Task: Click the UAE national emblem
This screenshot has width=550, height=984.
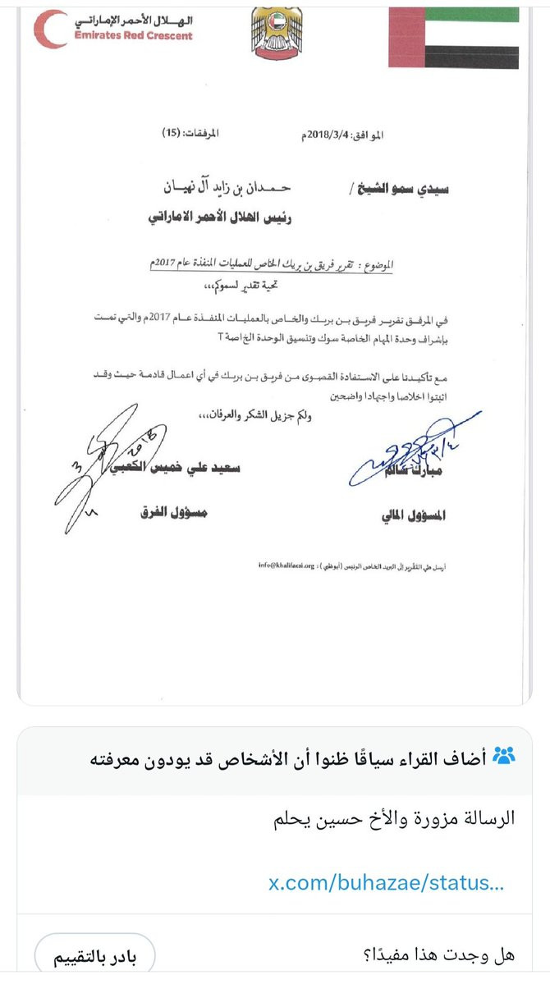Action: [x=277, y=33]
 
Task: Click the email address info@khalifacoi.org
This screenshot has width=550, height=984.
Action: [x=286, y=565]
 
